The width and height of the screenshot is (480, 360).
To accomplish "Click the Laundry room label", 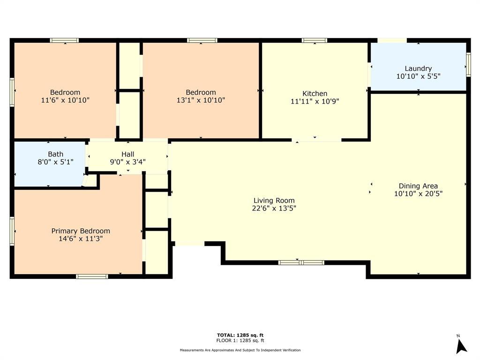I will point(418,68).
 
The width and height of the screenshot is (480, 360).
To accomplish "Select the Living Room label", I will point(274,200).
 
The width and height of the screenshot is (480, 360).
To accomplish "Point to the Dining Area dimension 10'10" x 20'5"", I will point(418,194).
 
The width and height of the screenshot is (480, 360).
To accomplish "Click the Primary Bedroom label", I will point(81,231).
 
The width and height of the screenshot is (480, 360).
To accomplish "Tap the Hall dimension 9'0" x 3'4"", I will point(127,162).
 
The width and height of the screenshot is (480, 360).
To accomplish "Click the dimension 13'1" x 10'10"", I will point(201,100).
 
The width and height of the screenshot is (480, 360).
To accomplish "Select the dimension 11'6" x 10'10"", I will point(65,100).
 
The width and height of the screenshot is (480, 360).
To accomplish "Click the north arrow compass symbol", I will point(461,345).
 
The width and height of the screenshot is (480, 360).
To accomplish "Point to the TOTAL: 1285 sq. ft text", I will point(240,335).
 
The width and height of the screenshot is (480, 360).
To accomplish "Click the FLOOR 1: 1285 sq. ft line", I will point(240,341).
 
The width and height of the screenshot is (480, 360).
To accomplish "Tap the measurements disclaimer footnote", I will point(240,350).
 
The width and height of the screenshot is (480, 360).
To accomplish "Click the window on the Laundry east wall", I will point(468,64).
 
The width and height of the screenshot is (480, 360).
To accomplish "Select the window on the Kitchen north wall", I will point(315,41).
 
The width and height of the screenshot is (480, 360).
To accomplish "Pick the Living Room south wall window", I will point(301,262).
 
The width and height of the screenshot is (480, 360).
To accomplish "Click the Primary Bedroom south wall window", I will point(92,277).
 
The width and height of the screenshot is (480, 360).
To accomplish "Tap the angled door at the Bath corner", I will point(85,180).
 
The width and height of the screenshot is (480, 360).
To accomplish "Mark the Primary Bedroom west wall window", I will point(12,231).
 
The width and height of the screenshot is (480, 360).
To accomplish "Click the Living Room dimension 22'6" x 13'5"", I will point(274,209).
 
